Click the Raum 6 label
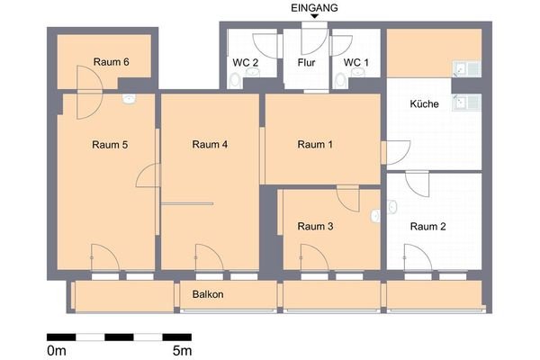tap(112, 62)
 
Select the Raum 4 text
tap(211, 144)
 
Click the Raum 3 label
tap(315, 227)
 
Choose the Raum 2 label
tap(427, 227)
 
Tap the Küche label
tap(424, 104)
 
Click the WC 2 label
tap(246, 62)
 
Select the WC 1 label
tap(356, 62)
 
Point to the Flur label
tap(306, 63)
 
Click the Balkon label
tap(208, 295)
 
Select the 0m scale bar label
tap(56, 349)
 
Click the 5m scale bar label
tap(182, 349)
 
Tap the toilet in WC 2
tap(235, 80)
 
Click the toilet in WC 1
tap(340, 81)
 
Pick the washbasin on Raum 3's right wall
tap(375, 216)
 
